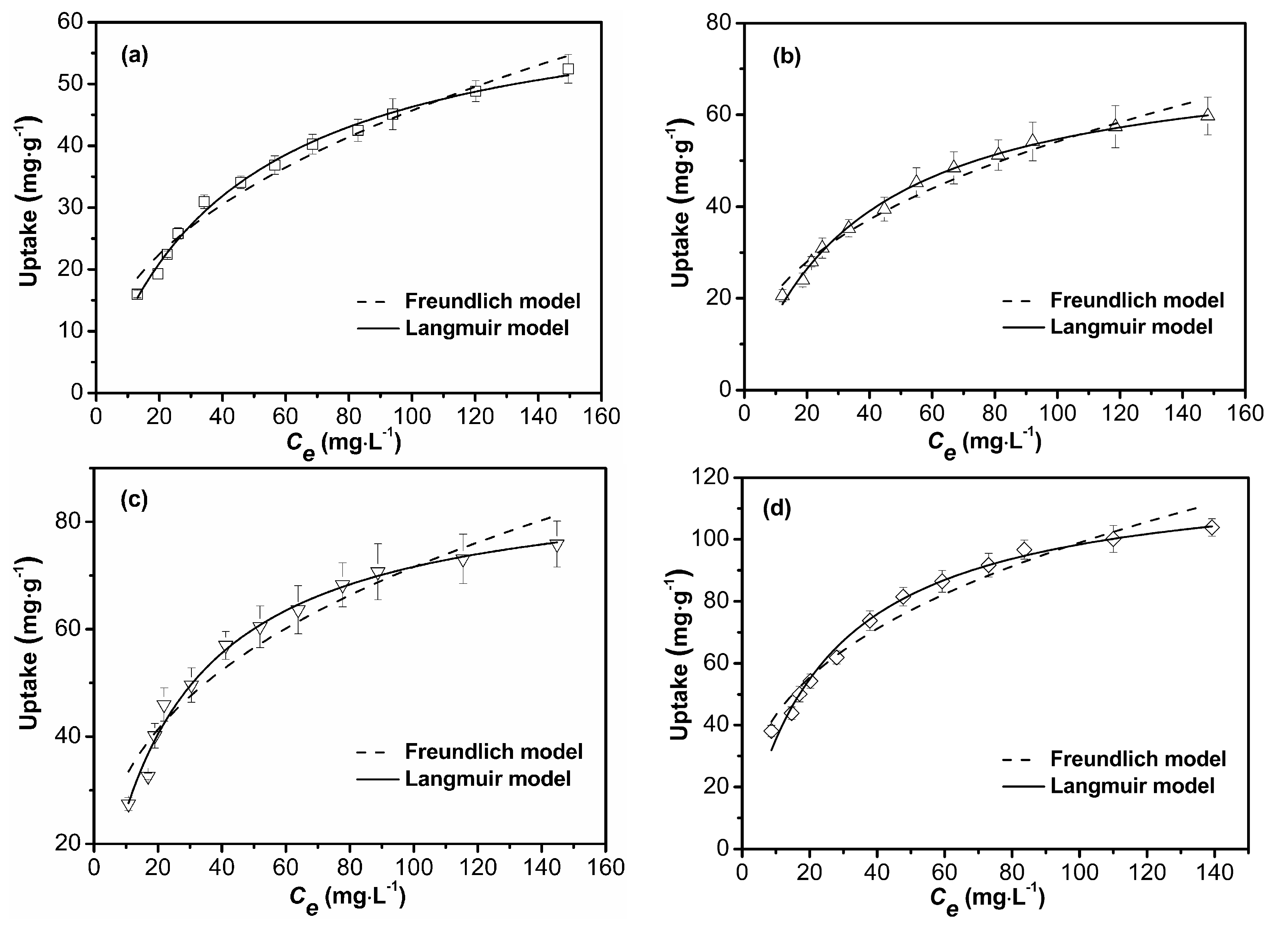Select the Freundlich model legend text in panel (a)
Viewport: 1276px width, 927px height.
492,301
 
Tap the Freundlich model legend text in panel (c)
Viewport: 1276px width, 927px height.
493,751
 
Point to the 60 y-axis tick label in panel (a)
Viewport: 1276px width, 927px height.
71,22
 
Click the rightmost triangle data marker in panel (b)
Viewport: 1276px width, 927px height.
1207,115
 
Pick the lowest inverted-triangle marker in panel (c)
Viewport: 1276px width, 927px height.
128,805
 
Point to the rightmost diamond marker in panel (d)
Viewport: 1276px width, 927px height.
1212,527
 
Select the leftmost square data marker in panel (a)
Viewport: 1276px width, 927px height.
137,294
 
